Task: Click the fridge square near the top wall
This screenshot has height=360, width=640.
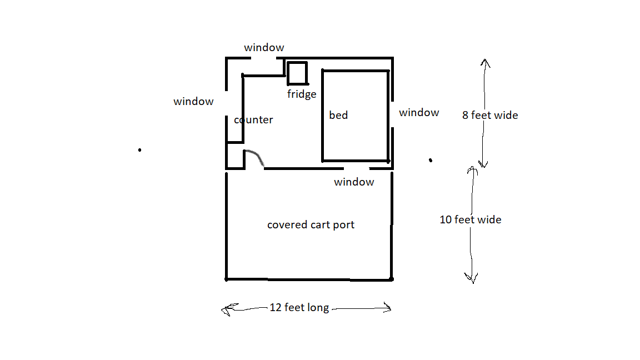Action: tap(297, 73)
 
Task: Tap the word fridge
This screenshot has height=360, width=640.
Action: tap(302, 94)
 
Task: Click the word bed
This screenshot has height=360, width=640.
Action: tap(338, 115)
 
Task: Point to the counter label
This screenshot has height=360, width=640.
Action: tap(254, 119)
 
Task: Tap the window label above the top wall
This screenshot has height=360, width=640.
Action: tap(264, 48)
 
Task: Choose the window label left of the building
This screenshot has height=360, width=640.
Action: tap(193, 101)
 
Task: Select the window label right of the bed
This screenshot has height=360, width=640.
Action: tap(419, 113)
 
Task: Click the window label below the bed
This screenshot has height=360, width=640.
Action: tap(354, 182)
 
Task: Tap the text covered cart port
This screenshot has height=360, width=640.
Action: tap(311, 225)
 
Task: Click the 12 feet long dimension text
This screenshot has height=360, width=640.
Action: tap(299, 308)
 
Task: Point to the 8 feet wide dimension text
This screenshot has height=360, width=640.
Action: tap(490, 116)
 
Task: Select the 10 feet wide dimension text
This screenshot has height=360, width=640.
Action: tap(471, 219)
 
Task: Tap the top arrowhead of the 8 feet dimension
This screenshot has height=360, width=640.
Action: tap(484, 62)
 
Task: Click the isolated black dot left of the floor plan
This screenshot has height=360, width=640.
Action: tap(139, 149)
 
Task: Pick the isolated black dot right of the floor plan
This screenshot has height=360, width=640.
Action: tap(431, 160)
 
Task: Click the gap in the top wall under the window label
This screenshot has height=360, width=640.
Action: tap(264, 58)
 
